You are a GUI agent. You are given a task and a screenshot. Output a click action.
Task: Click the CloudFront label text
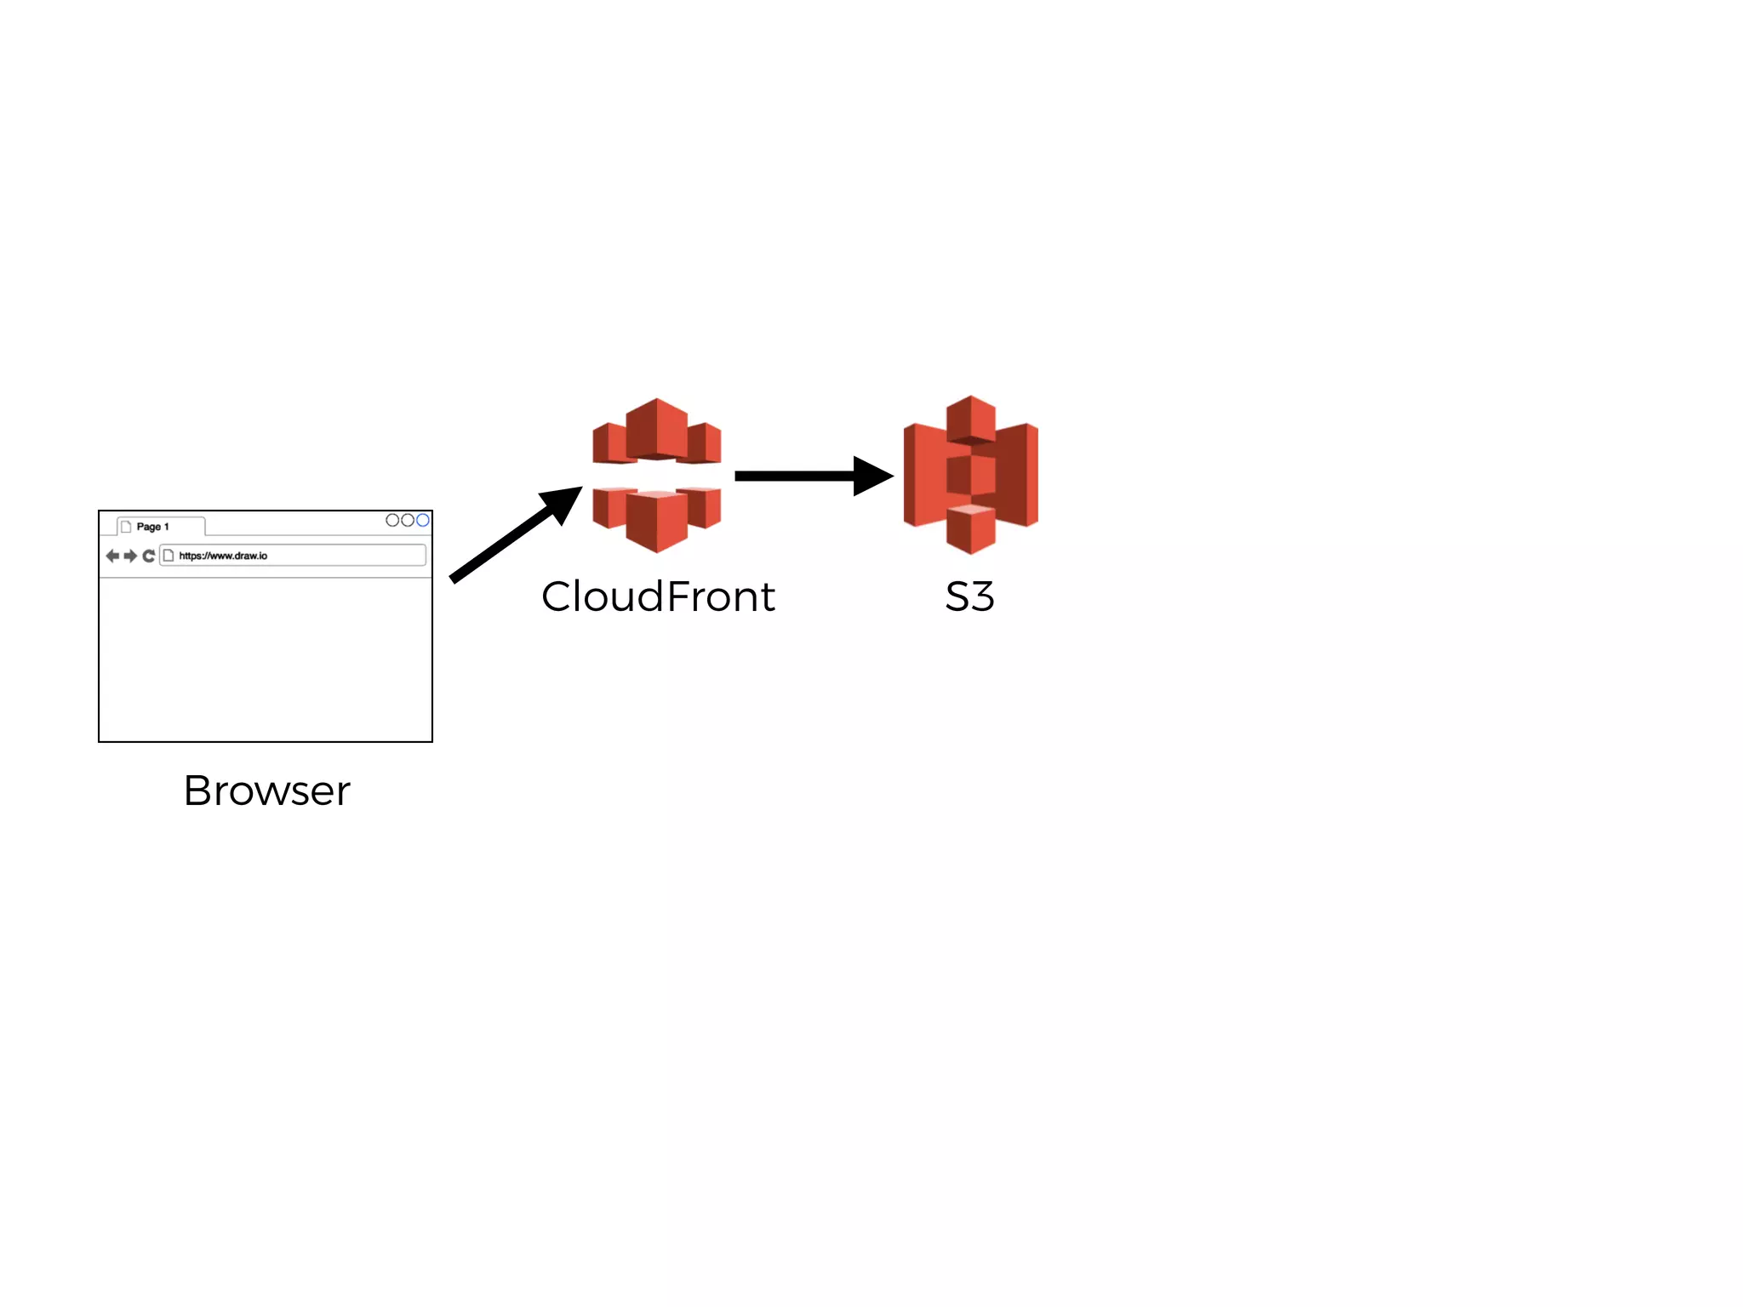(658, 596)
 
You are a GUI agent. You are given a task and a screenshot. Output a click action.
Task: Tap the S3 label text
(969, 596)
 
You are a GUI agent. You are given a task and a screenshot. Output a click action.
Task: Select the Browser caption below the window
(266, 790)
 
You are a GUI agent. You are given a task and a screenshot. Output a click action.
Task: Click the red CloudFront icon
(656, 475)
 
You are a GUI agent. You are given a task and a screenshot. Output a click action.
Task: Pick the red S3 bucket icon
(970, 475)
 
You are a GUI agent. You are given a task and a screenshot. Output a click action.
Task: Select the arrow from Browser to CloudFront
(511, 537)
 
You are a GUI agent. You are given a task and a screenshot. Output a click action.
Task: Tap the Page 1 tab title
(153, 527)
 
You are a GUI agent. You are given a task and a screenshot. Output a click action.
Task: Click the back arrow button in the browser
(112, 556)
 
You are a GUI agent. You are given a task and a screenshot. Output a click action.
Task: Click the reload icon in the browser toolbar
(149, 556)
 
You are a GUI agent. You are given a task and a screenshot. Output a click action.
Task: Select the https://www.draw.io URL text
(223, 556)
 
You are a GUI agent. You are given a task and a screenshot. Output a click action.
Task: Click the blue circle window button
(423, 520)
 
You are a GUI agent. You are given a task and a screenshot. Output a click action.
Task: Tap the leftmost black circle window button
(392, 520)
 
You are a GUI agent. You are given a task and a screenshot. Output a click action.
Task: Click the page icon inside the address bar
(169, 556)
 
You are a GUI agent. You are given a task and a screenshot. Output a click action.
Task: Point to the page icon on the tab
(126, 527)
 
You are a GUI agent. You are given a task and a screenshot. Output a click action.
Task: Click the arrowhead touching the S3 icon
(871, 477)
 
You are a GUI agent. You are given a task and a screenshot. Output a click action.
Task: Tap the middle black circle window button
(408, 520)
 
